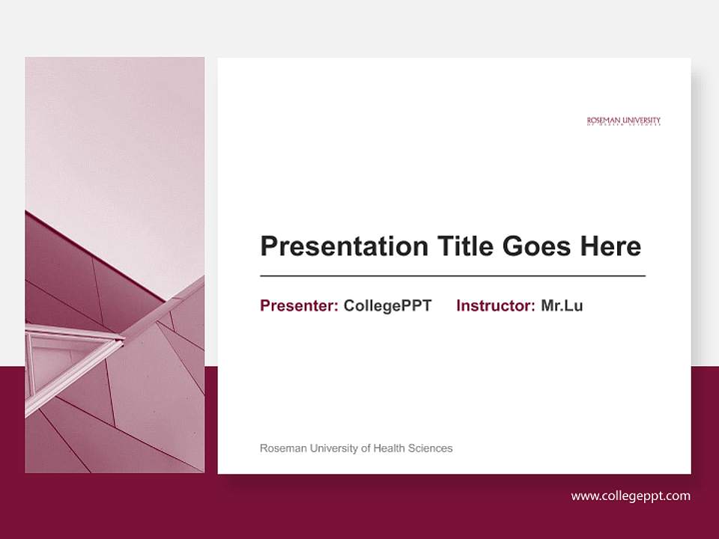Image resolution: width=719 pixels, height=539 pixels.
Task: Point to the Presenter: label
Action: [299, 305]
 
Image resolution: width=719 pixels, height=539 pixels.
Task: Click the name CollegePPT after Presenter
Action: [387, 305]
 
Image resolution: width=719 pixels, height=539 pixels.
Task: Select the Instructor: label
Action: [495, 305]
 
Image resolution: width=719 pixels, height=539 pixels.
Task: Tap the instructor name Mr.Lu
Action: [562, 305]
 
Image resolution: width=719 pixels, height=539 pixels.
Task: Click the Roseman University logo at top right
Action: [624, 121]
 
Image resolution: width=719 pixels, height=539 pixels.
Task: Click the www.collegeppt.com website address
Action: [631, 496]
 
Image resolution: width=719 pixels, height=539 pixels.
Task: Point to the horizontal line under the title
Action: [452, 276]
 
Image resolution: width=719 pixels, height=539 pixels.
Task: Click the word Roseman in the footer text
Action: [282, 448]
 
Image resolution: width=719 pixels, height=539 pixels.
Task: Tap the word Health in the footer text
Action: [389, 448]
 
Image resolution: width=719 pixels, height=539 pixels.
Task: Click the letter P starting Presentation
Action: [268, 246]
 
